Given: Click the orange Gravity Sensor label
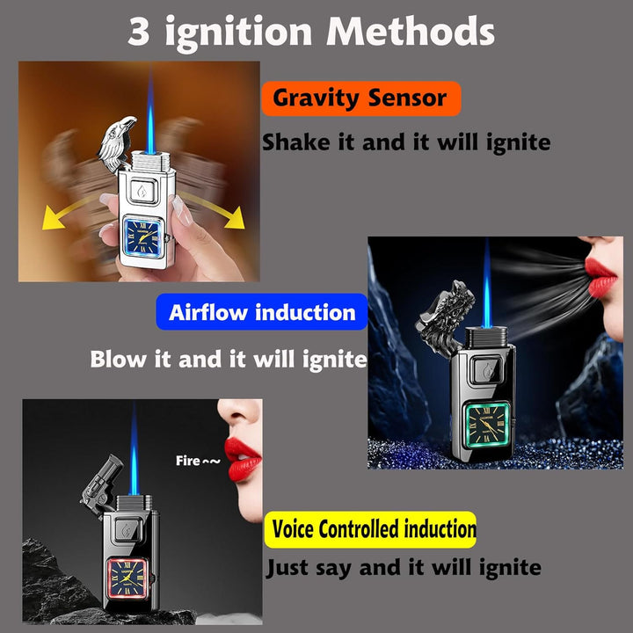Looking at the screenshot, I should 360,98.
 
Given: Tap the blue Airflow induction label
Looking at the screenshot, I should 262,312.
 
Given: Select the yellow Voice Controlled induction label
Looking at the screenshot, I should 370,529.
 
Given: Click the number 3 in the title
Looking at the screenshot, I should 140,33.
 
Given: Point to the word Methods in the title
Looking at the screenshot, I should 411,33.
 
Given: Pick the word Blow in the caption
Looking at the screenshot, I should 120,360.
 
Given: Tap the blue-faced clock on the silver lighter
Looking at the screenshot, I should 146,237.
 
